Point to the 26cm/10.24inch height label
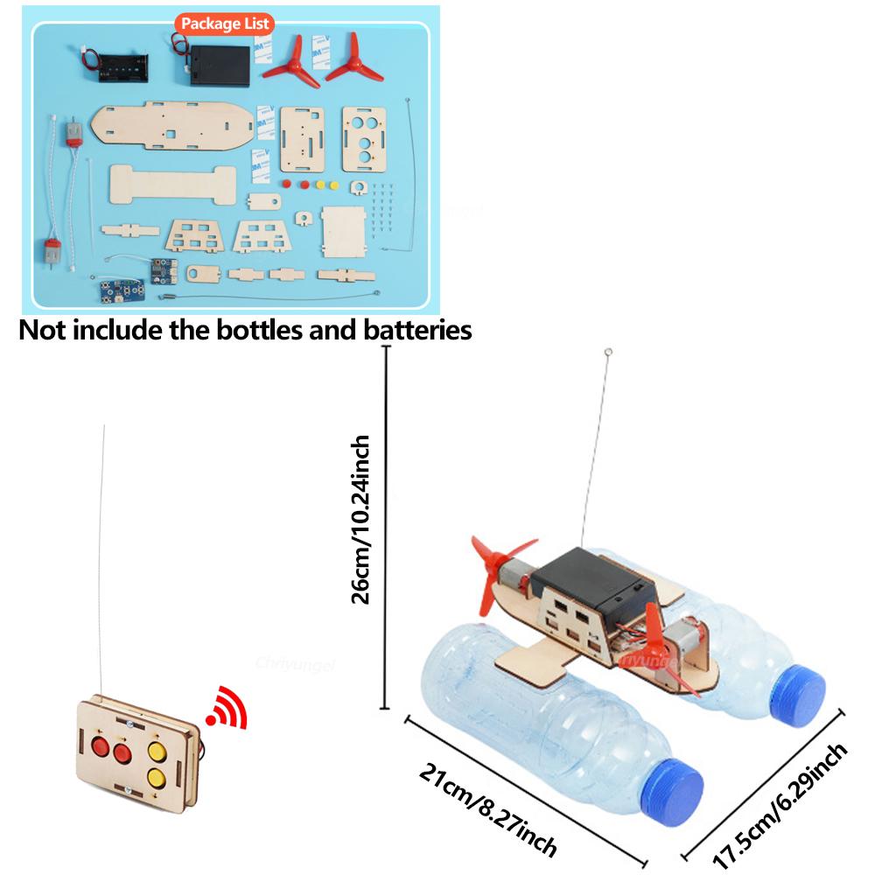pos(360,521)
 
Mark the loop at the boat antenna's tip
pos(608,354)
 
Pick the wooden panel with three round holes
pos(363,137)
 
